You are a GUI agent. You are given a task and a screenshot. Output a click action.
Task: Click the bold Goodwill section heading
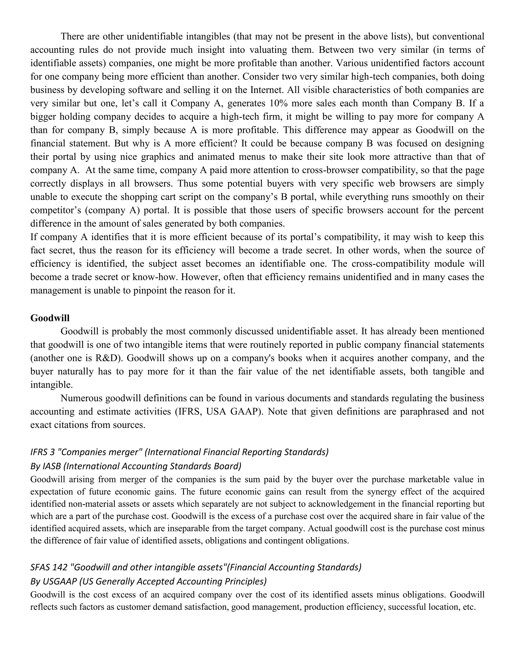(50, 318)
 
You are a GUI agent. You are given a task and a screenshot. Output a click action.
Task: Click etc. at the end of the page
(469, 607)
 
